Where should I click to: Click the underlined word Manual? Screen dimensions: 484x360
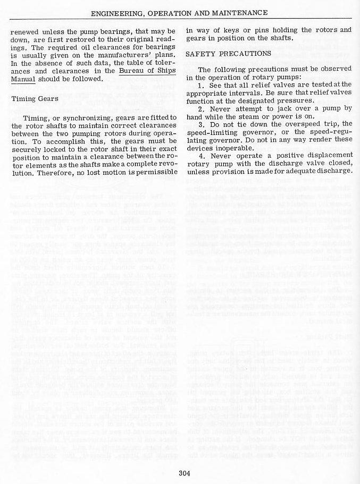pyautogui.click(x=23, y=79)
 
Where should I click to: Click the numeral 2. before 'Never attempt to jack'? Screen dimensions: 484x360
pyautogui.click(x=201, y=108)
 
